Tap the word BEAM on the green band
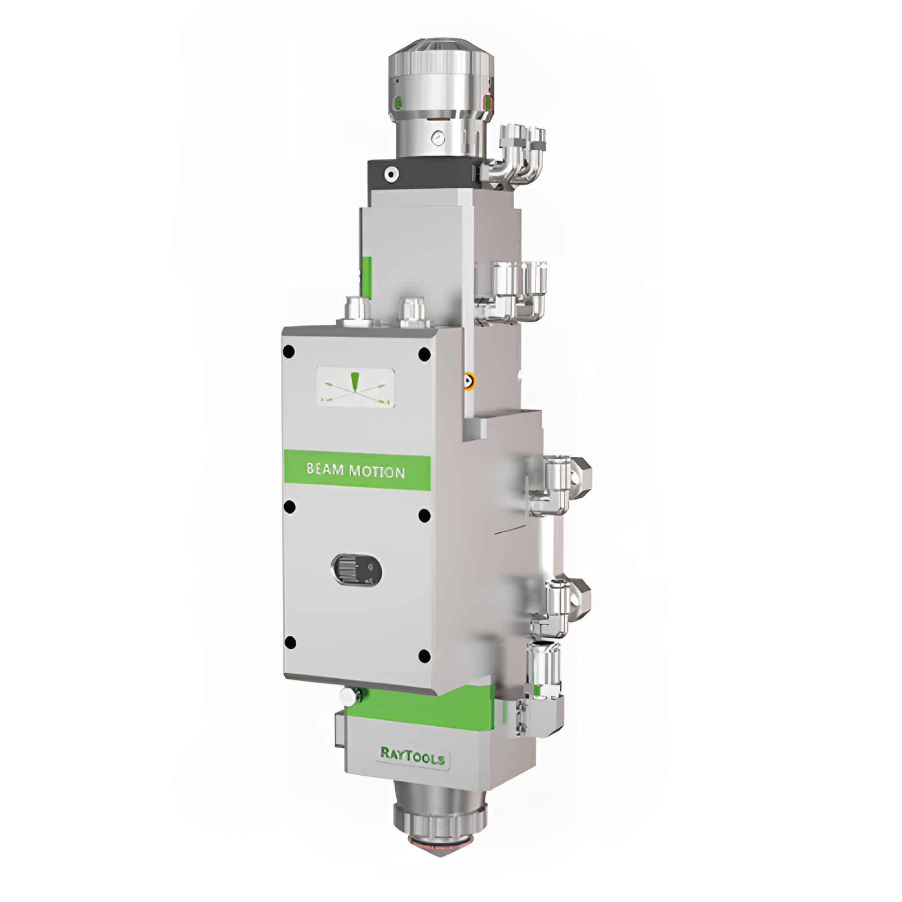click(325, 469)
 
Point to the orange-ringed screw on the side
click(467, 382)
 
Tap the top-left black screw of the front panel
click(289, 352)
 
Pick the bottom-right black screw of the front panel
click(425, 656)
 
